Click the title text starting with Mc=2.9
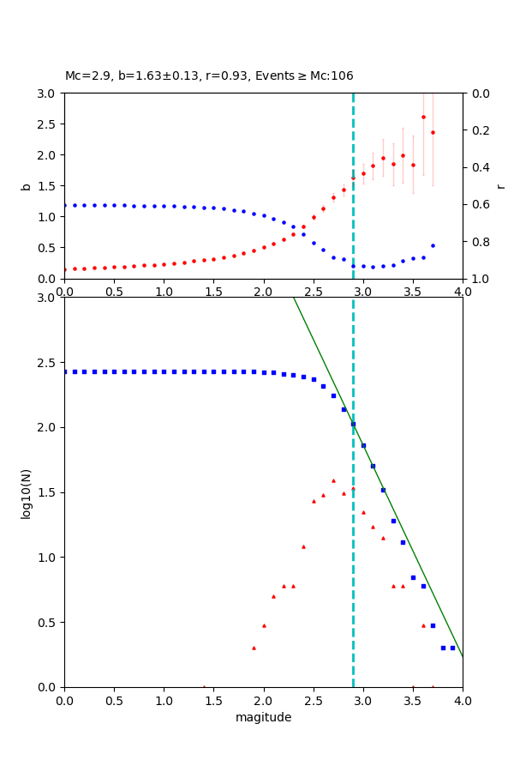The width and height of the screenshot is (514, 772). point(209,76)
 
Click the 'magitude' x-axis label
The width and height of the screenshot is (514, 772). point(263,717)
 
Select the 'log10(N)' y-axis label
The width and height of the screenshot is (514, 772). point(26,492)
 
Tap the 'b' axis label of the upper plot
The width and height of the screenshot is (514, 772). point(26,186)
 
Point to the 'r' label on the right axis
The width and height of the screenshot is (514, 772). point(500,186)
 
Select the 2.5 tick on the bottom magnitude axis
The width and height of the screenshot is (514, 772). point(314,700)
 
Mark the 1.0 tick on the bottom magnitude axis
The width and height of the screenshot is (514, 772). point(164,700)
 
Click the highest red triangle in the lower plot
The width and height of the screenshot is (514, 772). point(333,480)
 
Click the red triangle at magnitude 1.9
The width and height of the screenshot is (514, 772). point(254,648)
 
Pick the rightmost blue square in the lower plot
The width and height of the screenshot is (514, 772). point(452,648)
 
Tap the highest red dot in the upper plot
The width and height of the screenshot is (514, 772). point(423,117)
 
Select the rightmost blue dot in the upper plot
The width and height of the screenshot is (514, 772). point(433,245)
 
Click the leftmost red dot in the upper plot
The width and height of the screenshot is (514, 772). point(65,269)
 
